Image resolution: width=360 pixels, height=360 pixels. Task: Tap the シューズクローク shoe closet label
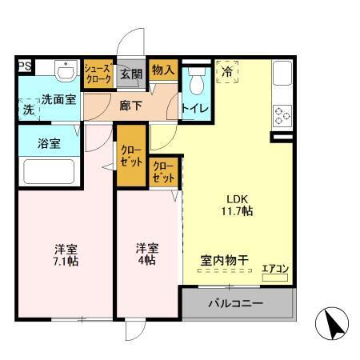click(x=98, y=74)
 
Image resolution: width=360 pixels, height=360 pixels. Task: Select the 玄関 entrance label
click(x=130, y=74)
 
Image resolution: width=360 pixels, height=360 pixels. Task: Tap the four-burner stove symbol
click(x=282, y=117)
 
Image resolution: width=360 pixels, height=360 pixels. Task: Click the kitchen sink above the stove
click(x=282, y=78)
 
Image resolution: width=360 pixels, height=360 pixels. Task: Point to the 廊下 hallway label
click(x=130, y=104)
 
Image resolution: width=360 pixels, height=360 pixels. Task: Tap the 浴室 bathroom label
click(x=50, y=145)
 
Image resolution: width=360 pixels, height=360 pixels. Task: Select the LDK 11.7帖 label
click(x=237, y=204)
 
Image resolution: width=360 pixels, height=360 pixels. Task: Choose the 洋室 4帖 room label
click(x=146, y=254)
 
